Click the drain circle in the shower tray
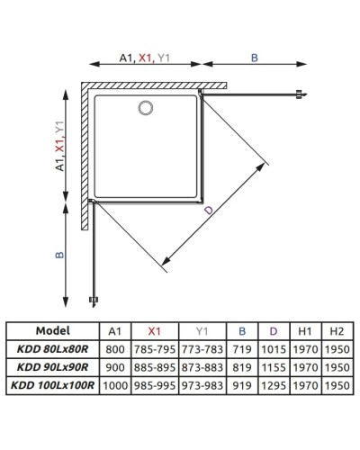click(145, 107)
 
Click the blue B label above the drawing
click(254, 58)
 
